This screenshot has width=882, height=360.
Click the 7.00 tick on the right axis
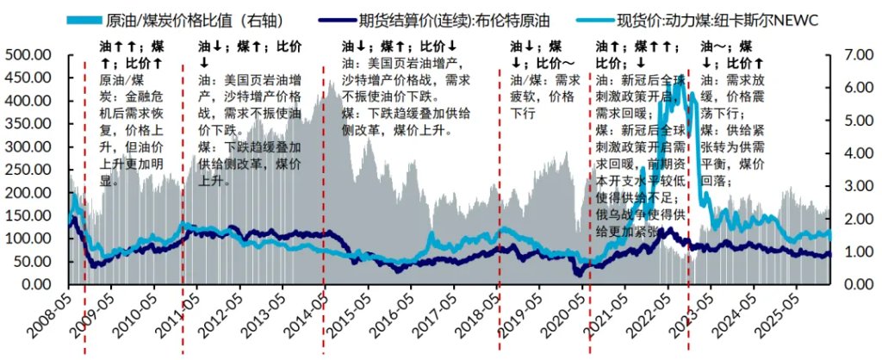[x=851, y=55]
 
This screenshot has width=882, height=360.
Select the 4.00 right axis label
[x=851, y=153]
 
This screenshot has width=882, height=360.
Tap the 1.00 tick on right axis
[x=851, y=251]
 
